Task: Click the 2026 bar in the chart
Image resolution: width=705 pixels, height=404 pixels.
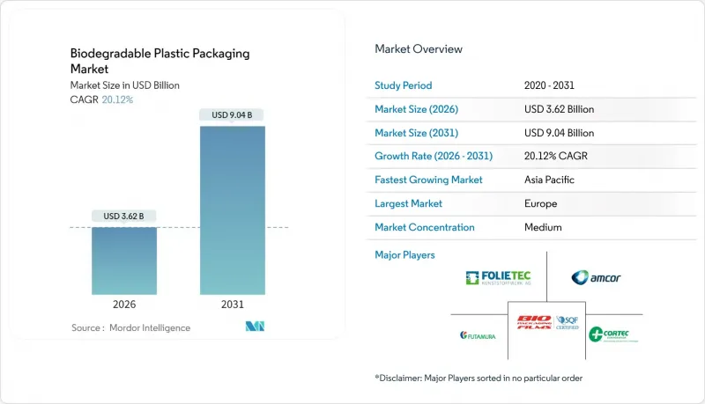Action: pos(124,261)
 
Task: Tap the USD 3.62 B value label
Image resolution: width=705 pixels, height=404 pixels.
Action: pos(124,217)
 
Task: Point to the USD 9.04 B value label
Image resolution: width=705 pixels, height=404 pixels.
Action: pos(233,115)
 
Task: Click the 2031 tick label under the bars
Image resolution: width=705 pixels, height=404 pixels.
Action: pos(233,305)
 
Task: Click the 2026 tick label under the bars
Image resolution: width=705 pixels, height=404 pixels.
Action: pos(124,305)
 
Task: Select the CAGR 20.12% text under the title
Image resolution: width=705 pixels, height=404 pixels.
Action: pos(102,99)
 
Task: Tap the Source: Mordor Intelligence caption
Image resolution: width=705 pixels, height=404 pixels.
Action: pos(130,327)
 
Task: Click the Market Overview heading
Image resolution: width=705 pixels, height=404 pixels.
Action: pos(419,49)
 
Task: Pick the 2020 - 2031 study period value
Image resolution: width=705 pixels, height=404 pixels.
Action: pos(552,85)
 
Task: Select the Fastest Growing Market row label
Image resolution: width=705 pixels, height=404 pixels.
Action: pos(428,180)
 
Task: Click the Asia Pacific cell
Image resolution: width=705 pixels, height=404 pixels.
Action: pos(549,180)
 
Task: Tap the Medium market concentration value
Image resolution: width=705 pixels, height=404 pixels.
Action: pos(542,227)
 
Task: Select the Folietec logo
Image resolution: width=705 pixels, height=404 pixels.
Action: pos(500,278)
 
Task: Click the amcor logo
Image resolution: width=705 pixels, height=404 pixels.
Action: pos(596,278)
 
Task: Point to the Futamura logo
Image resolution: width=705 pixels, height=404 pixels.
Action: pos(479,334)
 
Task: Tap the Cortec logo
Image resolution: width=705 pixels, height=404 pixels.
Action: pos(614,334)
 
